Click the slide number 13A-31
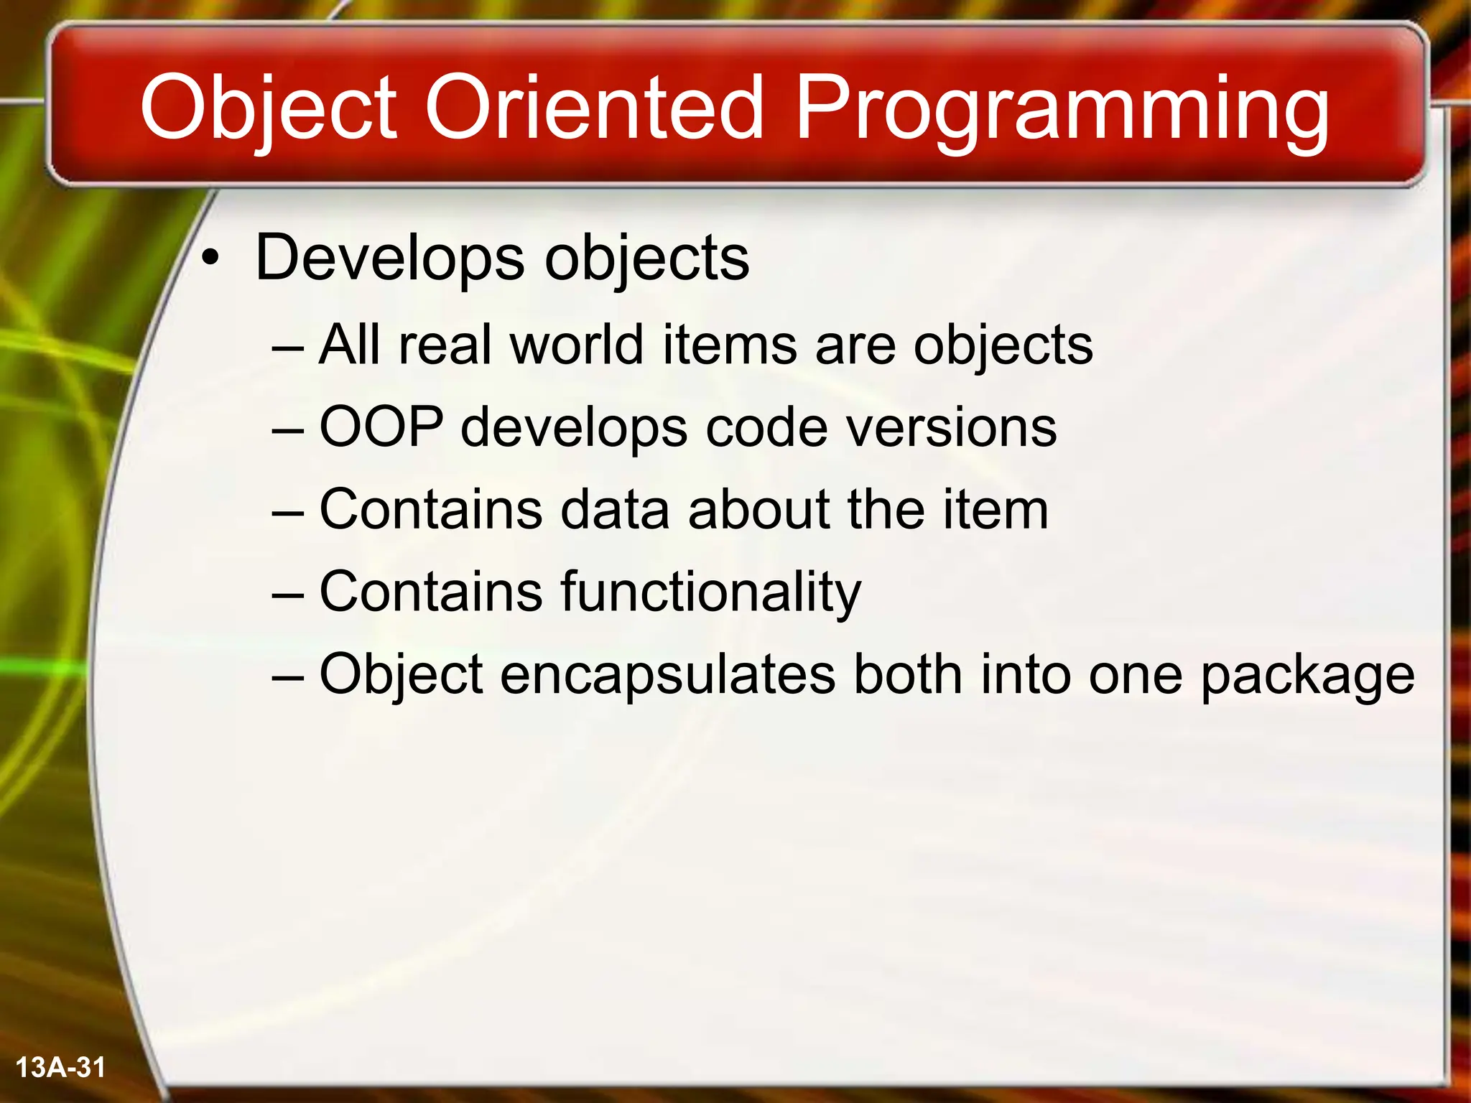pos(60,1067)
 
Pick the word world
pos(576,345)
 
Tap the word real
pos(445,345)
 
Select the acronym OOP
pos(381,427)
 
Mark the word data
pos(615,510)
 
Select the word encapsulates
pos(668,675)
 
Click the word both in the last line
pos(907,674)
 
